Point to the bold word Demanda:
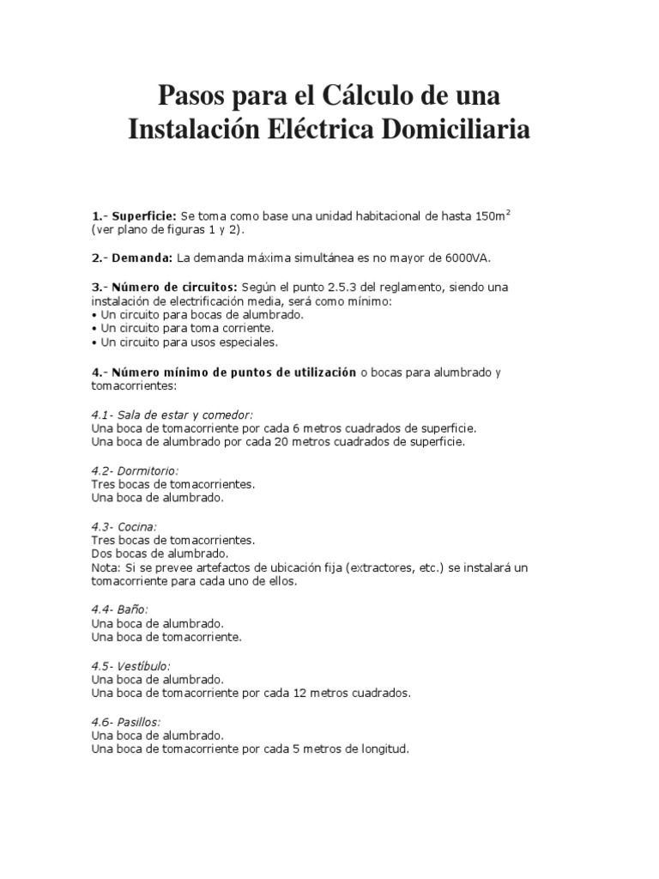pyautogui.click(x=143, y=258)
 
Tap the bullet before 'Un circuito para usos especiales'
pyautogui.click(x=94, y=342)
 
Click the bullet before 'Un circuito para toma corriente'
pyautogui.click(x=94, y=328)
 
